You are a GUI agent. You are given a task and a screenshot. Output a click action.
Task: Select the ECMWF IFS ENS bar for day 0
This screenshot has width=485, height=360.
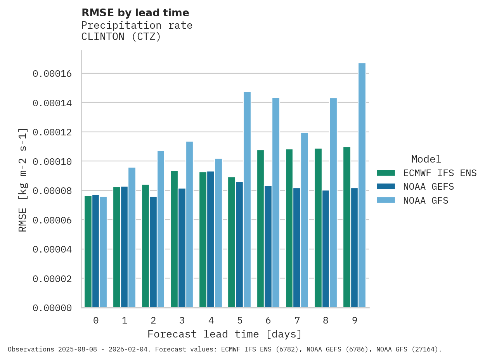(x=88, y=252)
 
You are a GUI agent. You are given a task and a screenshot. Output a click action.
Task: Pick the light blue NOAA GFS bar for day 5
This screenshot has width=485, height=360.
(x=247, y=200)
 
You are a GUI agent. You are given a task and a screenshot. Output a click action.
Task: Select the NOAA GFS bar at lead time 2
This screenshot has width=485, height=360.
(x=161, y=229)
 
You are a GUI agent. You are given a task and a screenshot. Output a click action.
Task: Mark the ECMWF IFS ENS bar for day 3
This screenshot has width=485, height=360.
(x=174, y=239)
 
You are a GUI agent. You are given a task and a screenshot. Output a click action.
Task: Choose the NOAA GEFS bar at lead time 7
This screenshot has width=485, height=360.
(x=297, y=248)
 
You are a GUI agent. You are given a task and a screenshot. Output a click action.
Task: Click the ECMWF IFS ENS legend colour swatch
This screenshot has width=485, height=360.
(x=386, y=173)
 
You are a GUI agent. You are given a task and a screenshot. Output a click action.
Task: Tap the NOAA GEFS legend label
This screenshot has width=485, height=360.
(x=428, y=187)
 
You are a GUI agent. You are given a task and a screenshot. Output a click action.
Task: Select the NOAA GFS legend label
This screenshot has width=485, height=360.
(x=426, y=201)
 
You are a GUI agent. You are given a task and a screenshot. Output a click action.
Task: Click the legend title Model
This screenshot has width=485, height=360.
(x=426, y=159)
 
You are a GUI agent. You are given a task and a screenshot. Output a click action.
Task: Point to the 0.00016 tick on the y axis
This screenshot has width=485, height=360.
(x=52, y=74)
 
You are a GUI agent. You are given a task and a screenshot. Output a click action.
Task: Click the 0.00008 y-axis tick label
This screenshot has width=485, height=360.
(x=52, y=191)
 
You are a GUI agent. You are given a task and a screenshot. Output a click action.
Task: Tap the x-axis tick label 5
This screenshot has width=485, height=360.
(x=240, y=320)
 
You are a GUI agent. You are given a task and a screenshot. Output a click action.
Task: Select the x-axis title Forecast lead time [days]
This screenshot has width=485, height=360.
(x=224, y=334)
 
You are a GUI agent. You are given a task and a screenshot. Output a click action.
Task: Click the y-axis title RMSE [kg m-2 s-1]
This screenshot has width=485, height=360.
(x=23, y=180)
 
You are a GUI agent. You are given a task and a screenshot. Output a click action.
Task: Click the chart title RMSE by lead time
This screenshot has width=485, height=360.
(x=135, y=13)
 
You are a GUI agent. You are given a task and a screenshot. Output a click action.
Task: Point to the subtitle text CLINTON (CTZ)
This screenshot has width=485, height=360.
(x=121, y=37)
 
